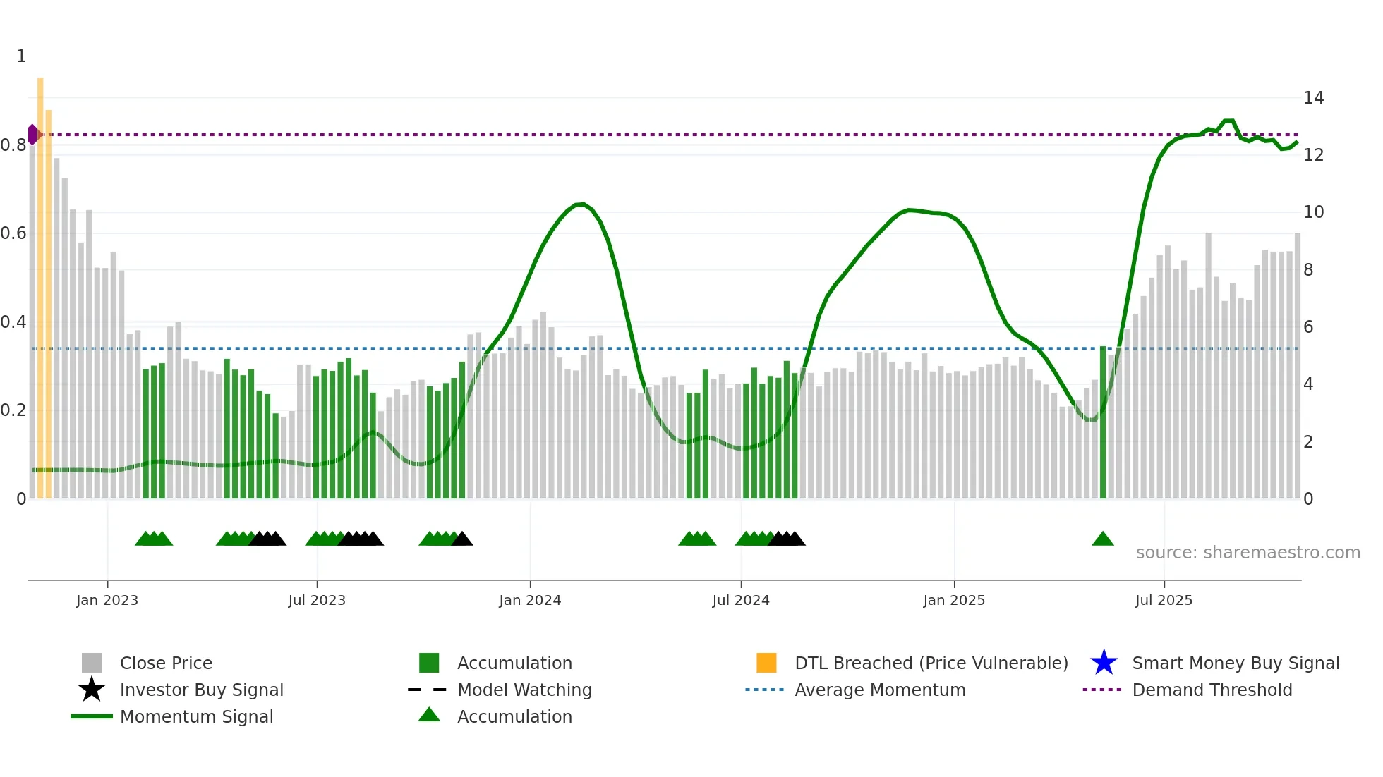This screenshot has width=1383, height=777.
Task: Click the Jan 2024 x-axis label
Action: click(x=530, y=600)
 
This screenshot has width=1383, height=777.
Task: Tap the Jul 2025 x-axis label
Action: click(x=1164, y=600)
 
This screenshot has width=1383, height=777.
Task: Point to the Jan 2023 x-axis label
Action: click(x=107, y=600)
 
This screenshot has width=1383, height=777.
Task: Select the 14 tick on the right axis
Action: click(x=1313, y=98)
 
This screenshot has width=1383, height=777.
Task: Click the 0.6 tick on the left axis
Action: click(x=13, y=233)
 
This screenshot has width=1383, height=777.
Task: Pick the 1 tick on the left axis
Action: click(x=21, y=56)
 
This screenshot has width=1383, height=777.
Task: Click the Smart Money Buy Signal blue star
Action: click(x=1104, y=663)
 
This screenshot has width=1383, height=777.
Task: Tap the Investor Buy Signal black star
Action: click(x=92, y=690)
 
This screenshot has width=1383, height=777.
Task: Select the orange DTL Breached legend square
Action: click(x=766, y=663)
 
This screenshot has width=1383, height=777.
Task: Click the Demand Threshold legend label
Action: click(x=1212, y=690)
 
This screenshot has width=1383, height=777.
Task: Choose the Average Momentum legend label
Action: click(x=880, y=690)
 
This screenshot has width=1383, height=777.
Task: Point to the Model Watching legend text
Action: click(x=524, y=690)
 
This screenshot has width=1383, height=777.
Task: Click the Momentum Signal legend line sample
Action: click(x=92, y=716)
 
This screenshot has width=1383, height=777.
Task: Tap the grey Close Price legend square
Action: click(x=92, y=663)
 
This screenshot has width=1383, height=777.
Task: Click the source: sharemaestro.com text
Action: click(x=1248, y=553)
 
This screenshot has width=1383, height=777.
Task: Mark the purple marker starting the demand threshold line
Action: click(x=32, y=134)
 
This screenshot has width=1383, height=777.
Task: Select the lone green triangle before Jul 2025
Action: click(x=1102, y=539)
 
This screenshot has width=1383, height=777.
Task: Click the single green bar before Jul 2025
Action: click(x=1103, y=423)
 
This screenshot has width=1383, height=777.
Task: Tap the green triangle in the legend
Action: click(x=429, y=716)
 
